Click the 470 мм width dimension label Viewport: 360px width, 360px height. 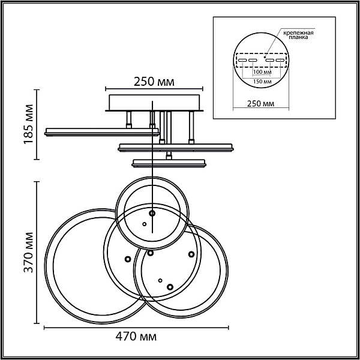[136, 337]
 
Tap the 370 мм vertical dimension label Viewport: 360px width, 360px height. [29, 253]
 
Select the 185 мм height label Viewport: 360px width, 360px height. [29, 124]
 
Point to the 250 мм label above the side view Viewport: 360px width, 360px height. [154, 82]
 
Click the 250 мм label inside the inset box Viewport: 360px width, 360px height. [260, 104]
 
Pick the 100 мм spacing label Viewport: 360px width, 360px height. [262, 72]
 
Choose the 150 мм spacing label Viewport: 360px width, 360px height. [262, 82]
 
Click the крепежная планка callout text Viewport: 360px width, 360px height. [298, 35]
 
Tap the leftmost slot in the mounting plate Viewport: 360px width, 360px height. [242, 61]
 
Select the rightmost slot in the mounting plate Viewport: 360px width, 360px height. [280, 61]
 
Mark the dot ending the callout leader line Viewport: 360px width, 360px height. [265, 57]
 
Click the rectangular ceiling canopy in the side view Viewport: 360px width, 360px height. [154, 103]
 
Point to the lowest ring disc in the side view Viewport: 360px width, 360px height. [169, 163]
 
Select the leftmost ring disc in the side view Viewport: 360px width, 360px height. [102, 132]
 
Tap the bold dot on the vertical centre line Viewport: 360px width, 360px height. [152, 213]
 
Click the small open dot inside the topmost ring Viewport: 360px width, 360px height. [145, 224]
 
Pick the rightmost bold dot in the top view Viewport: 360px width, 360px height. [191, 254]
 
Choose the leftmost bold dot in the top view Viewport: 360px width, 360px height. [128, 259]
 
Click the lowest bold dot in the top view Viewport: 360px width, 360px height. [170, 287]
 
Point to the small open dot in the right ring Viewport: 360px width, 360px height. [160, 280]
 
